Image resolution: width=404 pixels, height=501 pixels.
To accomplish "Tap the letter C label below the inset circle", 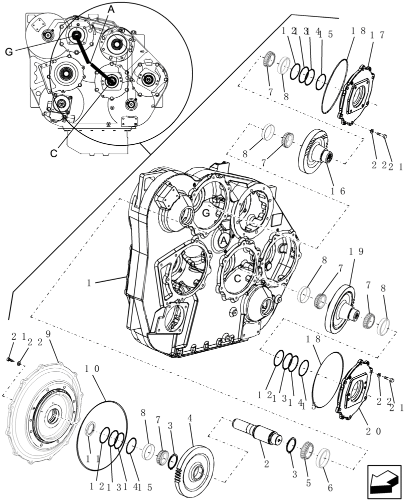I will coord(54,153).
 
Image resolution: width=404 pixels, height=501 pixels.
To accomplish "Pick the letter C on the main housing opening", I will coord(238,276).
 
